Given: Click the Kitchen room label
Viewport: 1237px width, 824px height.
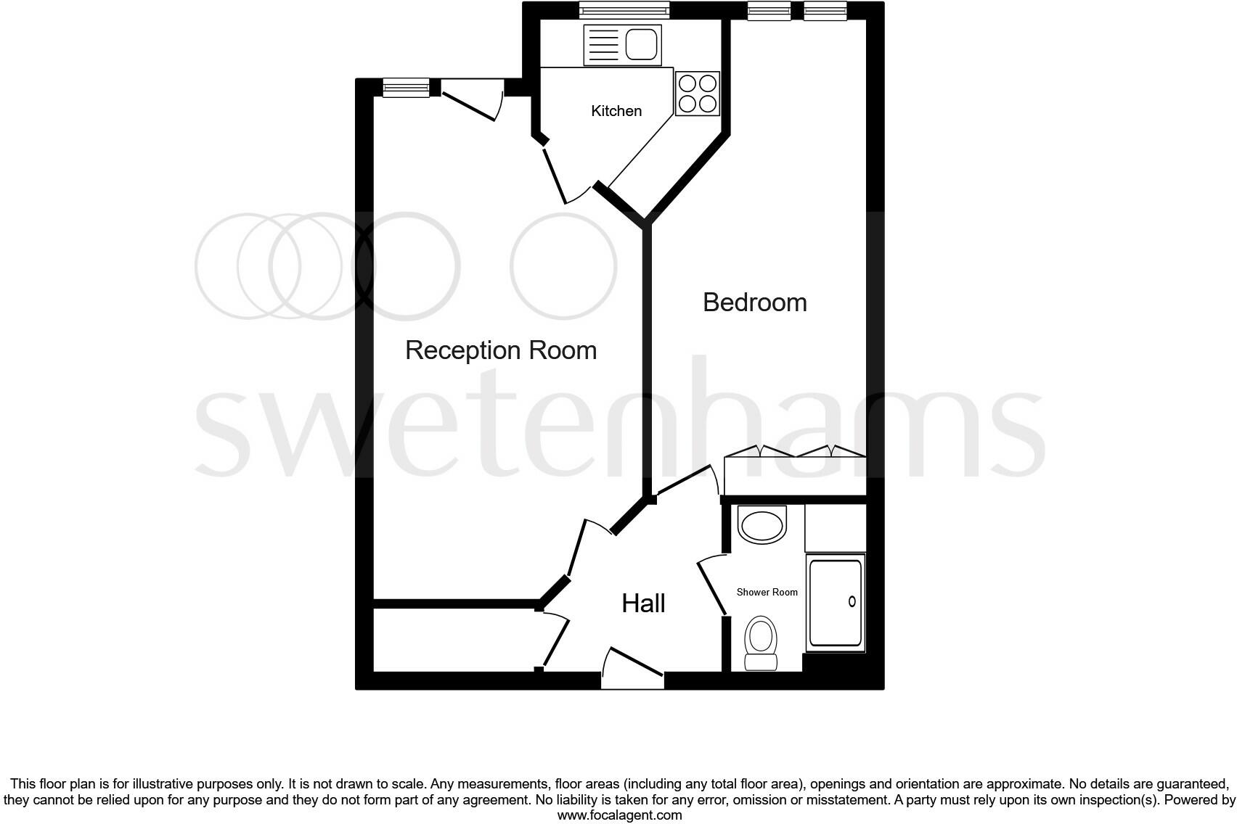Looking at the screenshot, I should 616,111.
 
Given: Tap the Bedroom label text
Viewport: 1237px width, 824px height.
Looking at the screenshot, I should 754,302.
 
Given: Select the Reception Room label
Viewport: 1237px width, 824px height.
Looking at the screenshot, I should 500,350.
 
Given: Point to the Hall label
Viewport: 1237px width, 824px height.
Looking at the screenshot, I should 643,603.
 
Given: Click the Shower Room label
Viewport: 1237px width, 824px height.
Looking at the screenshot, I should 767,592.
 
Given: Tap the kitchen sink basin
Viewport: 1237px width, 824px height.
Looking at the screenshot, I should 641,44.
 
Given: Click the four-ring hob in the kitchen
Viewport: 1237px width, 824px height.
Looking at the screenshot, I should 697,94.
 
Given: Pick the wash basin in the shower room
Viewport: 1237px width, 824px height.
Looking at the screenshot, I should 762,524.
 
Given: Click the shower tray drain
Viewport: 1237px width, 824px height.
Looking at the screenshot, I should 852,601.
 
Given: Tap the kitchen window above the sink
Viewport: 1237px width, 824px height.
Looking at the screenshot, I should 624,10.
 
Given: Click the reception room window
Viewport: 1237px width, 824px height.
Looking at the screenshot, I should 407,88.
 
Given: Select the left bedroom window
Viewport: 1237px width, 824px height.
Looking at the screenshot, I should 769,10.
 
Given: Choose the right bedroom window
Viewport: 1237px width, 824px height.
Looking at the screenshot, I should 825,10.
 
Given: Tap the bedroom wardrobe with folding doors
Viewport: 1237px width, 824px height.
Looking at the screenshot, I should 795,471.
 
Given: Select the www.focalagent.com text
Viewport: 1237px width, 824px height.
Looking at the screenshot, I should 619,815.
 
